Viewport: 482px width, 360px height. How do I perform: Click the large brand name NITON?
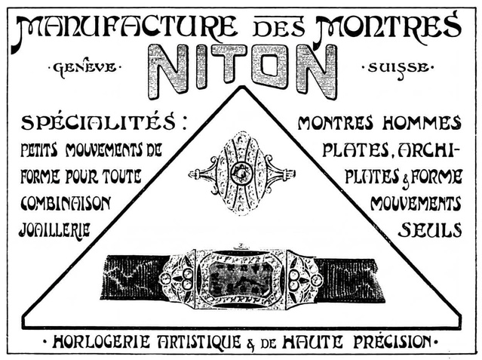[x=242, y=72]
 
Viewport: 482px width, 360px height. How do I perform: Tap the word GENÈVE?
[x=84, y=67]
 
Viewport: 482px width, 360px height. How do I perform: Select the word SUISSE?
[x=399, y=68]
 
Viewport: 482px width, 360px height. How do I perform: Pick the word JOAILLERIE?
[x=55, y=229]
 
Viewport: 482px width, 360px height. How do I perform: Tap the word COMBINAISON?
[x=66, y=204]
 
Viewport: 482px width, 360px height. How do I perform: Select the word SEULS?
[x=430, y=229]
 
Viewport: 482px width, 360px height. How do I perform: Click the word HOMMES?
[x=422, y=123]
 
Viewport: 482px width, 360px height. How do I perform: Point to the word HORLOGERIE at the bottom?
[x=101, y=342]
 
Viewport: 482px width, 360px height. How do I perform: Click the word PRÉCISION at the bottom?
[x=392, y=342]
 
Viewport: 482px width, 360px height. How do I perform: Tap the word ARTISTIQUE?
[x=199, y=342]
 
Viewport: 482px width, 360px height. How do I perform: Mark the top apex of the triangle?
[x=243, y=88]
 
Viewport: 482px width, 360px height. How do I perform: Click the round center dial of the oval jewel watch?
[x=241, y=173]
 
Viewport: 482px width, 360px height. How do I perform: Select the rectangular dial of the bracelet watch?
[x=241, y=279]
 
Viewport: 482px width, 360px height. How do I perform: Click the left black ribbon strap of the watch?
[x=134, y=278]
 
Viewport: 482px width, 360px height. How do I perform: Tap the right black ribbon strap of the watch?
[x=349, y=280]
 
